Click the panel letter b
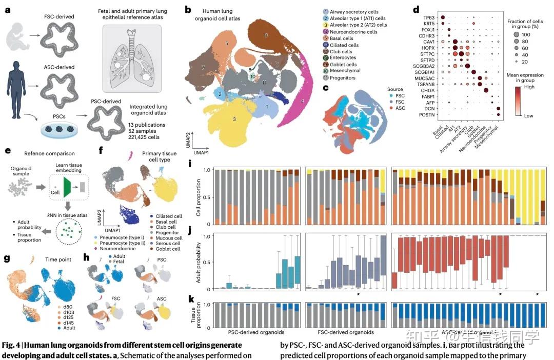[x=188, y=9]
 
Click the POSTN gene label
[x=414, y=115]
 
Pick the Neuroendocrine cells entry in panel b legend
[x=350, y=32]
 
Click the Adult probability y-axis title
[x=198, y=262]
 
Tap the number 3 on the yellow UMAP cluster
[x=234, y=119]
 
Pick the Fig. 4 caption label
[x=13, y=345]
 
